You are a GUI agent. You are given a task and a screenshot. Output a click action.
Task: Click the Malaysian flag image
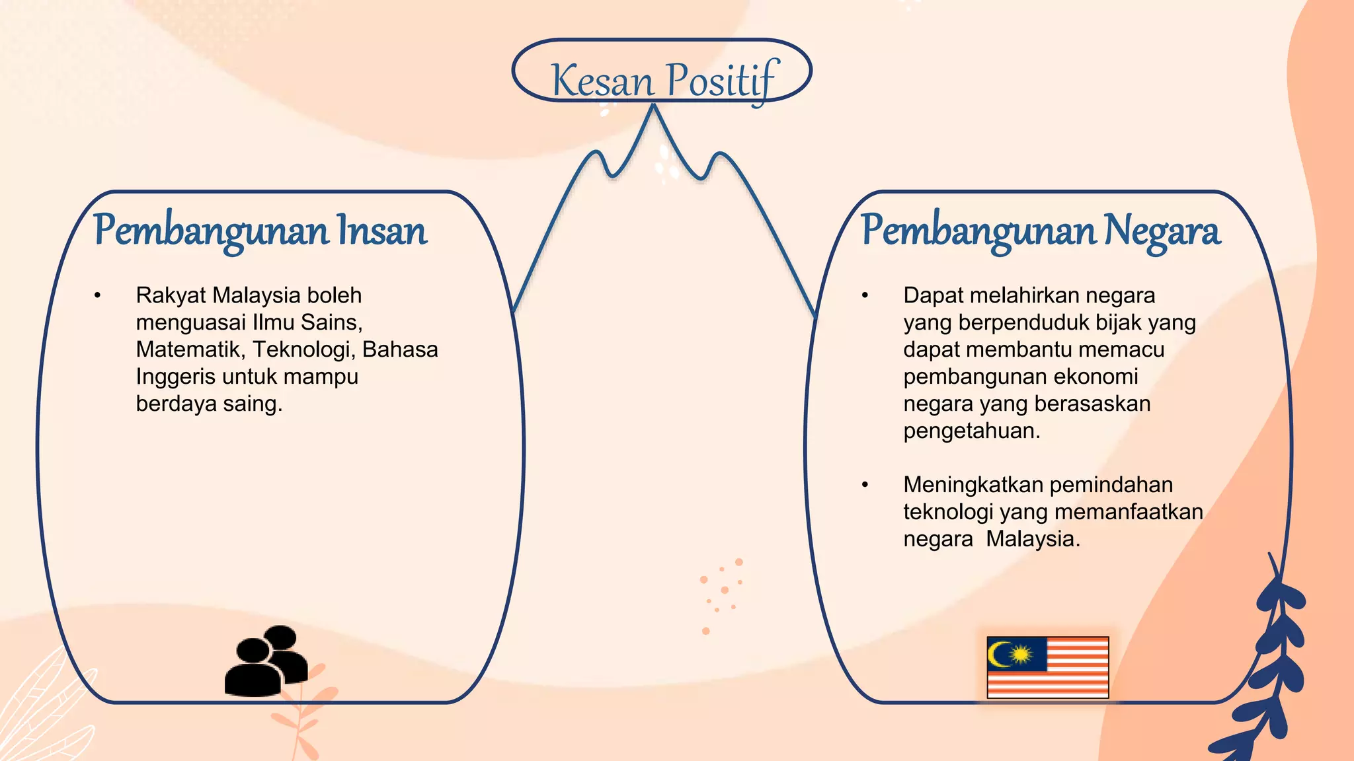(x=1047, y=667)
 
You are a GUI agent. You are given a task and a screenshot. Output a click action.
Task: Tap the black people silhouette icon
(x=267, y=661)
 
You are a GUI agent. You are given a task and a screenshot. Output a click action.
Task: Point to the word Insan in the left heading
(x=382, y=231)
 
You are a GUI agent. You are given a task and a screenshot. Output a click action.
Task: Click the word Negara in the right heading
(x=1162, y=231)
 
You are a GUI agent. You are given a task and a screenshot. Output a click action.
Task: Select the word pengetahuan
(x=971, y=431)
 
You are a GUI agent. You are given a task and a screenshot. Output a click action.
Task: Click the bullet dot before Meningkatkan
(x=865, y=485)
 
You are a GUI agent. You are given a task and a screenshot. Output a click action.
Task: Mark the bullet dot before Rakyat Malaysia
(x=97, y=295)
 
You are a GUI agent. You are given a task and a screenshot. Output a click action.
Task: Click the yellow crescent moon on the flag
(x=997, y=654)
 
